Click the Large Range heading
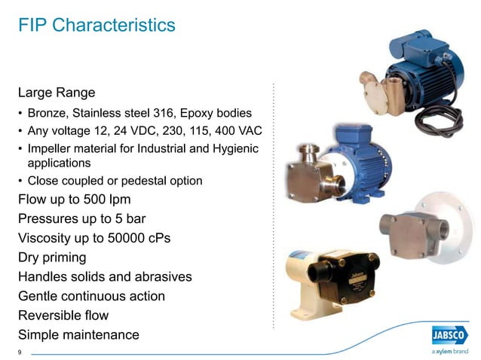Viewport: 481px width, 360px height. coord(57,93)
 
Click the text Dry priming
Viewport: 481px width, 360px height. coord(51,258)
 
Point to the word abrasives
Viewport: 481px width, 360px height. coord(162,277)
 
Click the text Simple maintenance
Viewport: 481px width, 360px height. coord(78,335)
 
